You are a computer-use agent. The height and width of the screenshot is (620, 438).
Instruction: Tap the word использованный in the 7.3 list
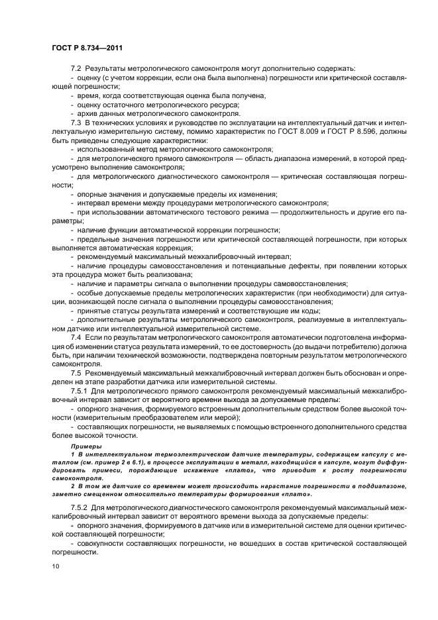pos(107,150)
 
